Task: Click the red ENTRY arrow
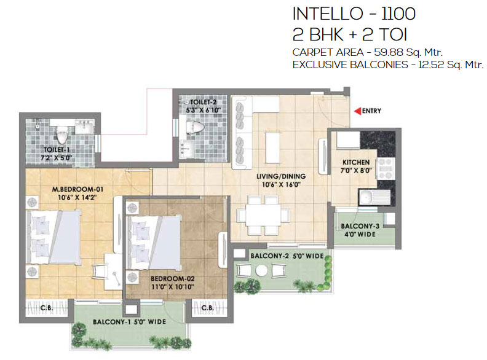357,111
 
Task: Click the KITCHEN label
356,162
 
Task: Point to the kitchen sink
374,197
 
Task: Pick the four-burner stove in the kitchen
386,168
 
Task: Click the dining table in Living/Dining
263,215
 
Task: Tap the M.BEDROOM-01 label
77,189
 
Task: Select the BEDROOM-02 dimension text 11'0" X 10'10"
173,287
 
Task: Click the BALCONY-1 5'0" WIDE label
129,322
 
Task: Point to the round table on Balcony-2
261,271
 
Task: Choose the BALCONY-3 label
360,226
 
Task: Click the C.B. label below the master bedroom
47,308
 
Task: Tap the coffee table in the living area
272,147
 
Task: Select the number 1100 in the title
398,14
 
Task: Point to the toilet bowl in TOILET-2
195,127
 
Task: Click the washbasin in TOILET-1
84,127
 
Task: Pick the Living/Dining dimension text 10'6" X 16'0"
281,184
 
